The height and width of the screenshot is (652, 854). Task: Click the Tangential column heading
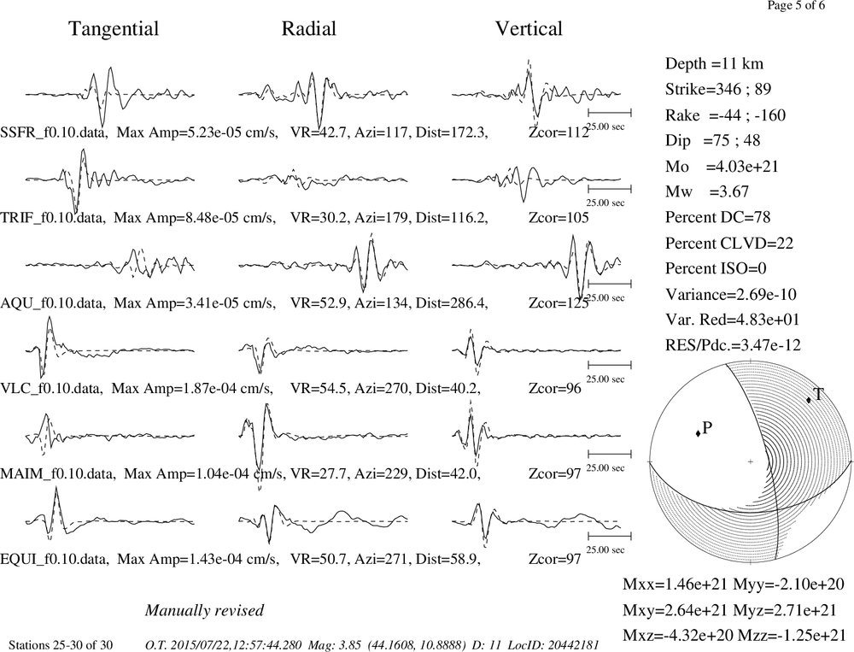(x=114, y=29)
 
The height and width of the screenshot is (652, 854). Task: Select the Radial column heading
(x=309, y=28)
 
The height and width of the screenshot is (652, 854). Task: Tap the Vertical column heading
(x=529, y=28)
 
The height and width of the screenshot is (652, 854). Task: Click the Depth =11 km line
(x=714, y=64)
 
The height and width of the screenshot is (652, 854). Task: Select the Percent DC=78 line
(x=718, y=217)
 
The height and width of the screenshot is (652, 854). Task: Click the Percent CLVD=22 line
(x=729, y=243)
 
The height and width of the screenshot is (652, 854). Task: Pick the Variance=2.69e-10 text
(x=731, y=294)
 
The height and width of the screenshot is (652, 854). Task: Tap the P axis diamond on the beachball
(x=698, y=433)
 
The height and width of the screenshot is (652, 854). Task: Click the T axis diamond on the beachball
(x=809, y=400)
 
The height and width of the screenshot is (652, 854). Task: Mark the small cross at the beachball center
(x=751, y=461)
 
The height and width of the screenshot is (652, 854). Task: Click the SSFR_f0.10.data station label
(x=53, y=132)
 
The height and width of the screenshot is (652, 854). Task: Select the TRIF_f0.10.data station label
(x=52, y=218)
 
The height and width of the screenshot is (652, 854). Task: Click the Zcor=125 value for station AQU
(x=559, y=303)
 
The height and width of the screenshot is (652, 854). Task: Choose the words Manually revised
(x=204, y=610)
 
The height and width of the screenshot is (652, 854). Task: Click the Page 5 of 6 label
(x=796, y=5)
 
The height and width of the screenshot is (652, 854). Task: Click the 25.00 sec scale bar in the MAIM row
(x=610, y=454)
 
